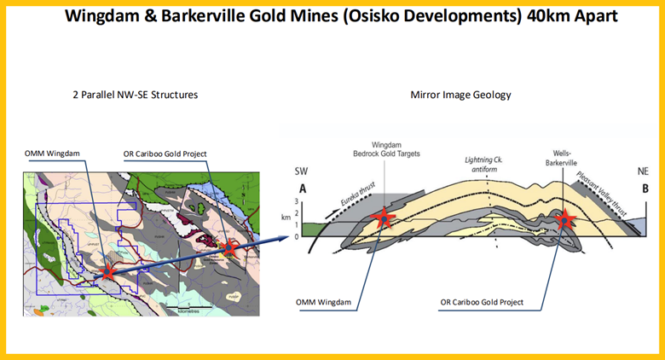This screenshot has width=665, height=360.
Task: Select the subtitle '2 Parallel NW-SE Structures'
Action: (x=136, y=94)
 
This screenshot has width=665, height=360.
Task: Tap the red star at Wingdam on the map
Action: (x=107, y=272)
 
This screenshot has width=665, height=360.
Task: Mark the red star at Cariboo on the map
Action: (x=228, y=248)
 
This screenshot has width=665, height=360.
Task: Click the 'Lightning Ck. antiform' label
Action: (x=483, y=164)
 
